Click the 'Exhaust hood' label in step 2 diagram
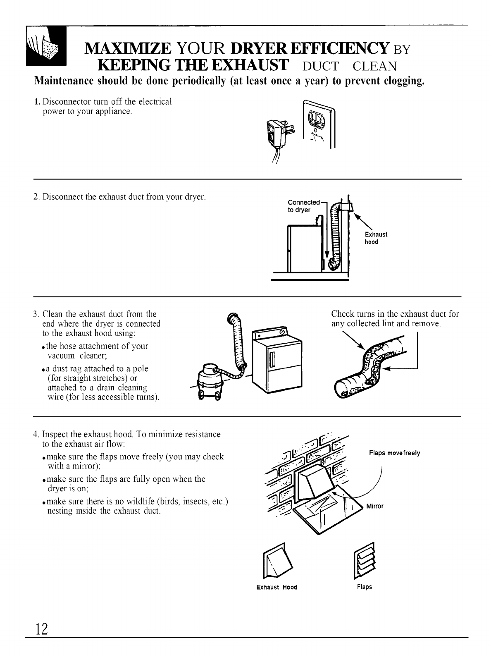pyautogui.click(x=376, y=238)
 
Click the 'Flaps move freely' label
pyautogui.click(x=394, y=453)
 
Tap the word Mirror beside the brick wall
pyautogui.click(x=375, y=506)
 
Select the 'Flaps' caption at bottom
pyautogui.click(x=364, y=587)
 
